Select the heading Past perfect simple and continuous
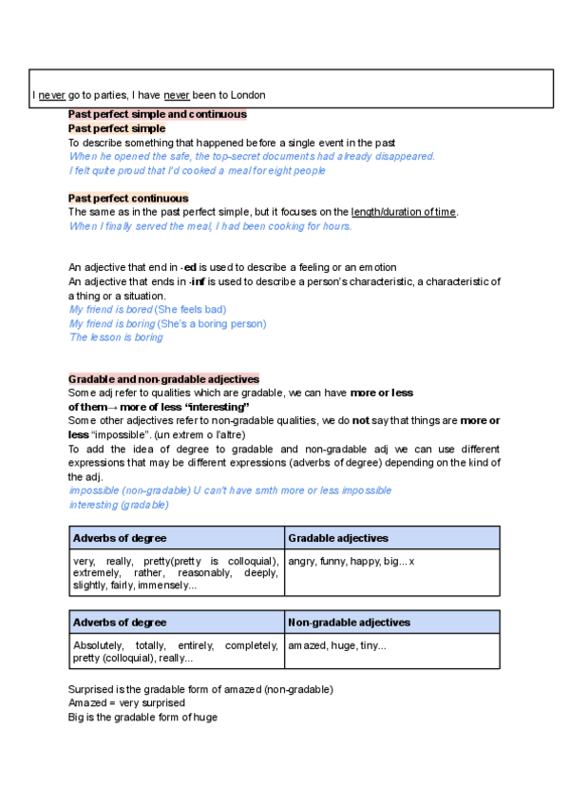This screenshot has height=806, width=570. pos(158,114)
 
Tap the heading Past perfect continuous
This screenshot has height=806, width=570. pos(128,198)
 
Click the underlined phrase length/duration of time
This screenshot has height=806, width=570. pos(403,212)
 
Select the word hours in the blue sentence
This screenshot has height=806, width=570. pos(334,226)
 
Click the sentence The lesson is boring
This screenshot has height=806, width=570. pos(116,337)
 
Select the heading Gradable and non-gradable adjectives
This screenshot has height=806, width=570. pos(163,379)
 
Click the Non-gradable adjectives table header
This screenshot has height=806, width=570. pos(349,623)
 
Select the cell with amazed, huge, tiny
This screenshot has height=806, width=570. pos(337,646)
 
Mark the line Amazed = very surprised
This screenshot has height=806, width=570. pos(126,703)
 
